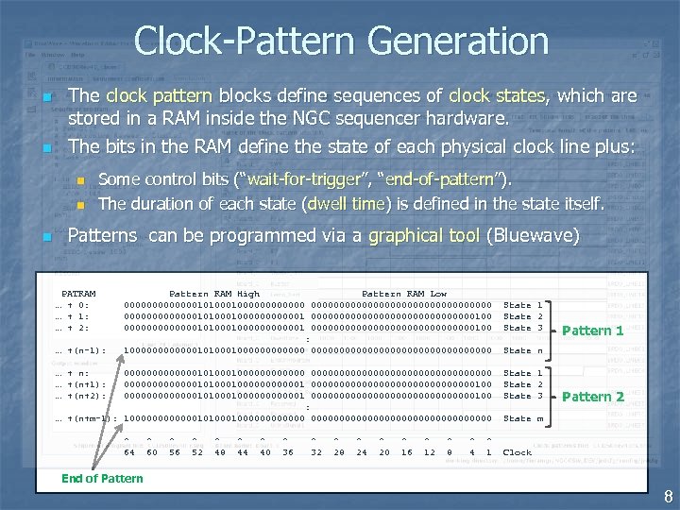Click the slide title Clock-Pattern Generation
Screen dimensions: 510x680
click(341, 41)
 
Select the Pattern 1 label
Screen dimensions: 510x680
click(592, 331)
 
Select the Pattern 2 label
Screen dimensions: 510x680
click(592, 397)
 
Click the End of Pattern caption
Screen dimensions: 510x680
click(102, 478)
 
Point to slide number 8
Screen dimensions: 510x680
click(667, 497)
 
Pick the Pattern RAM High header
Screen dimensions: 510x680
click(213, 294)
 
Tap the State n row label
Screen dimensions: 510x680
click(522, 350)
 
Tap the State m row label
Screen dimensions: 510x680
click(522, 418)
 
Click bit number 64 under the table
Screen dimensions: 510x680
click(129, 452)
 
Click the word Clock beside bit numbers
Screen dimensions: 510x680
click(518, 452)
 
